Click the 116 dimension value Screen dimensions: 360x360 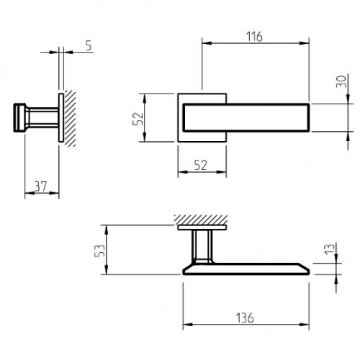(254, 37)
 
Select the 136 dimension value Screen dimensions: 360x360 (245, 318)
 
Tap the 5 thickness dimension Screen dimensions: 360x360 (89, 45)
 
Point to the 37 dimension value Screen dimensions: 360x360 (40, 186)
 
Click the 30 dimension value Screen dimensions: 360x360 (341, 81)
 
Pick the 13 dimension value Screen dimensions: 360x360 (330, 248)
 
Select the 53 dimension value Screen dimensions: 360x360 (99, 251)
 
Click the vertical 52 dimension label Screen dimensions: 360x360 (138, 119)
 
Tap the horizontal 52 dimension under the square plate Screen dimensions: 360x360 (200, 166)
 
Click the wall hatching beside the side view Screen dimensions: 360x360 (70, 117)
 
